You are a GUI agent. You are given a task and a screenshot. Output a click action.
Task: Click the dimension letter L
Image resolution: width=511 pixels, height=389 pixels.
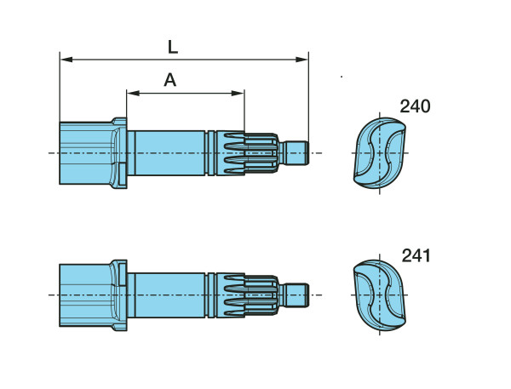coord(173,47)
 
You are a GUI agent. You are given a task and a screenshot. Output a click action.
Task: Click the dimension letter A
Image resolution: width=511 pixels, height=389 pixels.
coord(170,80)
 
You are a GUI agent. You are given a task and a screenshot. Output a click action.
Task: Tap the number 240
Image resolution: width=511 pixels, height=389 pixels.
coord(415,106)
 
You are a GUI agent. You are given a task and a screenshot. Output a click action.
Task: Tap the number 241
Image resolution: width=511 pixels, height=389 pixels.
coord(416,255)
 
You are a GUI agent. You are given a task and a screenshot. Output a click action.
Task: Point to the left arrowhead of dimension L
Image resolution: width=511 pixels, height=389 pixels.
coord(66,60)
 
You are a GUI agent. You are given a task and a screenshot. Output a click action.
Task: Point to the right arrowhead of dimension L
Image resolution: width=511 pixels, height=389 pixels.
coord(301,60)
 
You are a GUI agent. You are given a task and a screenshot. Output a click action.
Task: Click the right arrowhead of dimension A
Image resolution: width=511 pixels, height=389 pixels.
coord(238,94)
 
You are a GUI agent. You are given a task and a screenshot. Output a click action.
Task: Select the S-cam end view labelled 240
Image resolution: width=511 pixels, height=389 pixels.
coord(380,153)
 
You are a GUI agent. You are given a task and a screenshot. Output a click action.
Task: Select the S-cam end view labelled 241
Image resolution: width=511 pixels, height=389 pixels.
coord(380,295)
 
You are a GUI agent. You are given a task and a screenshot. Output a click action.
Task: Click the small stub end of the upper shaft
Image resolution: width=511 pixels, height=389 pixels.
coord(296,153)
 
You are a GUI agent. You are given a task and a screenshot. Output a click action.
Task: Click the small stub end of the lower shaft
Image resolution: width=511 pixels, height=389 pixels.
coord(296,295)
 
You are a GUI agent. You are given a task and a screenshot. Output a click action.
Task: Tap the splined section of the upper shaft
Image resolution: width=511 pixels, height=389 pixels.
coord(247,153)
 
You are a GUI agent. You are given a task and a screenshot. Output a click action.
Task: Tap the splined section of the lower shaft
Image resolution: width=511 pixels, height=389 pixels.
coord(247,295)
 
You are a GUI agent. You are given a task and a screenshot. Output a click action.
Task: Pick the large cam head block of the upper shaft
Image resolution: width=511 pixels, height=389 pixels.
coord(85,153)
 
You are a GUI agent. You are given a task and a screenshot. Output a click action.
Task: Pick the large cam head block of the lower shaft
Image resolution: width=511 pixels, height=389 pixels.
coord(85,295)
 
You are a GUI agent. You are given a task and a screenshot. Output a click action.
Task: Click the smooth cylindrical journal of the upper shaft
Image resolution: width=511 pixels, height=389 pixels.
coord(169,153)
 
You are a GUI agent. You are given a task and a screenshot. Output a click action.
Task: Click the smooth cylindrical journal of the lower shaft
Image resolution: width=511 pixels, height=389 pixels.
coord(169,295)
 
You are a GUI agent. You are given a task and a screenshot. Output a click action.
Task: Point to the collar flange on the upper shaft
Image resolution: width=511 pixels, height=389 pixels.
coord(119,153)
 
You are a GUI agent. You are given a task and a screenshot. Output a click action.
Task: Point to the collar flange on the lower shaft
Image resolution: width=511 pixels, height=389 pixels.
coord(119,295)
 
